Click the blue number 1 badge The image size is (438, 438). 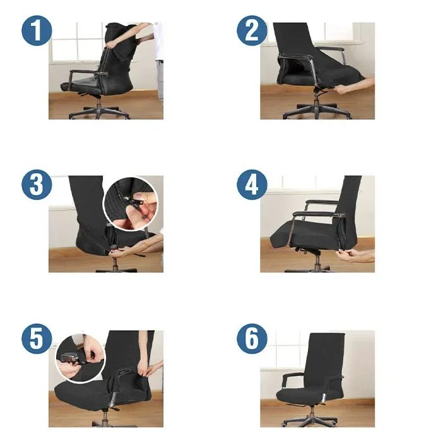coord(37,30)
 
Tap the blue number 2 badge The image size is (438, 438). coord(252,30)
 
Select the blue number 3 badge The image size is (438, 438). coord(37,185)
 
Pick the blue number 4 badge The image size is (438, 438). coord(252,185)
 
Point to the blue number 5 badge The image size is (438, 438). coord(37,339)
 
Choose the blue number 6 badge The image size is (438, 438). coord(252,339)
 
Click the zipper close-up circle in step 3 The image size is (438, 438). coord(131,204)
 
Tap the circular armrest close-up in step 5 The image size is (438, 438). coord(80,358)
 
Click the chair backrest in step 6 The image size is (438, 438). coord(325,360)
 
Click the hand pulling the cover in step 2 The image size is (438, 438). coord(353,86)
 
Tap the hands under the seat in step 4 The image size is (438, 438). coord(356,256)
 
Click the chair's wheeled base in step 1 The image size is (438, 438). coord(99,112)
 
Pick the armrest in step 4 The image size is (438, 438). coord(316,215)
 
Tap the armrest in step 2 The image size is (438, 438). coord(296,57)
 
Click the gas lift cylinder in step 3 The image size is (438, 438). coord(115,263)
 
